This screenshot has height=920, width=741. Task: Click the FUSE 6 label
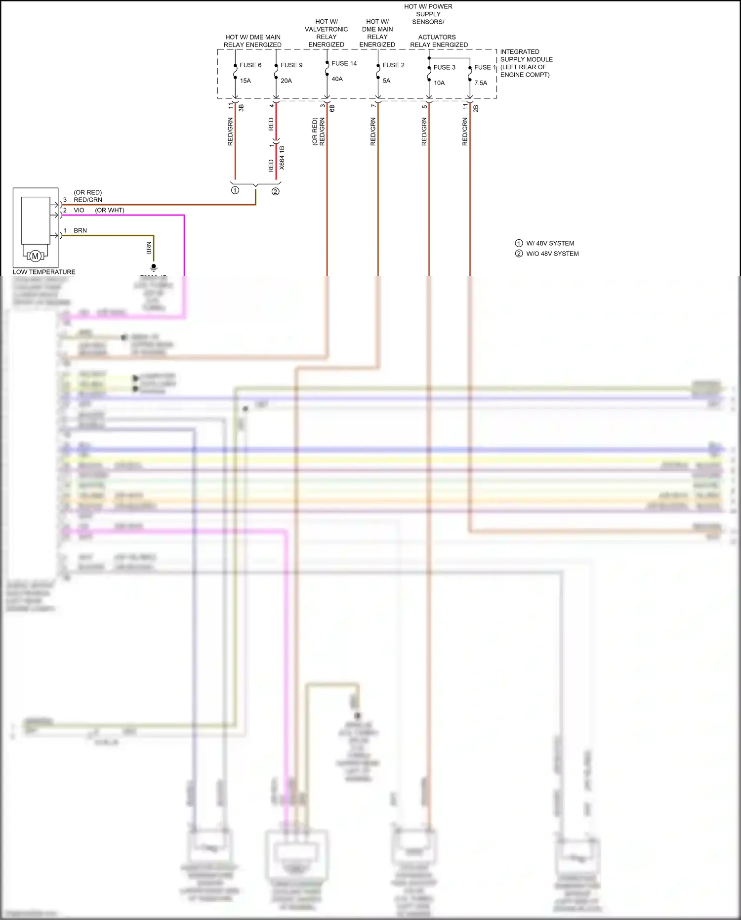click(250, 65)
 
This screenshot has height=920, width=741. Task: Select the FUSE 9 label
click(291, 65)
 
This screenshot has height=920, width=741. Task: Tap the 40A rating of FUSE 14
click(337, 79)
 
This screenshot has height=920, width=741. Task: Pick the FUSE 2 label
click(393, 65)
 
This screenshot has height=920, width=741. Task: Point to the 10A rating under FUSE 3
click(439, 83)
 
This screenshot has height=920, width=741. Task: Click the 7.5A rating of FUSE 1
click(481, 83)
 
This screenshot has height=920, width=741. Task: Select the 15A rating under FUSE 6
click(246, 81)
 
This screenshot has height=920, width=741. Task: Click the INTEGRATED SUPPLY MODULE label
click(526, 63)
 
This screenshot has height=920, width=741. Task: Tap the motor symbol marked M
click(35, 256)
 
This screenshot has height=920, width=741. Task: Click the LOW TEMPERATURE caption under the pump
click(44, 272)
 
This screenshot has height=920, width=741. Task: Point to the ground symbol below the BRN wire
click(154, 267)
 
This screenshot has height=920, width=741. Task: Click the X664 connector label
click(282, 158)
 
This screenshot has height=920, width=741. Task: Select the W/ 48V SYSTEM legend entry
click(550, 243)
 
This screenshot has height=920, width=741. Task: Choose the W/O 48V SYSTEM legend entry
click(552, 254)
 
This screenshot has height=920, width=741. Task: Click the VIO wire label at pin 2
click(79, 210)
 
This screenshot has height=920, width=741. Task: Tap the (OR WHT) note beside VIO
click(110, 210)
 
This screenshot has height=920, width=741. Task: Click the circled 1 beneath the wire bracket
click(235, 190)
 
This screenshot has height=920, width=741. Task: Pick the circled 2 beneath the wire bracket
click(276, 191)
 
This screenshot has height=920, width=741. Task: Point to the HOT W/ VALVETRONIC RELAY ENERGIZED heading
click(326, 33)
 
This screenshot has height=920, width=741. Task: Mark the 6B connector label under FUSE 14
click(332, 108)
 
